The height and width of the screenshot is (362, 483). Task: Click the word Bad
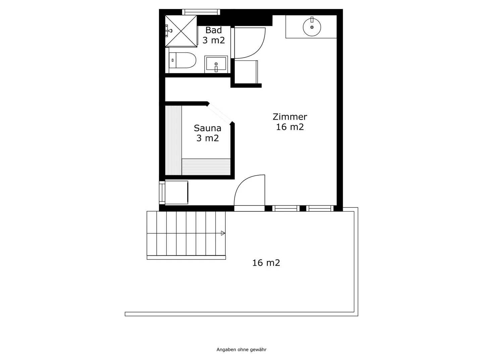(x=213, y=30)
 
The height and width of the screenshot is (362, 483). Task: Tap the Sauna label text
(x=207, y=128)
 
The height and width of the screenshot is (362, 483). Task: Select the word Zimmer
(x=290, y=117)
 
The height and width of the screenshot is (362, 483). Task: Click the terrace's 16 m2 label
(x=266, y=263)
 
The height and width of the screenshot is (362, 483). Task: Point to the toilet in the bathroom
(x=182, y=60)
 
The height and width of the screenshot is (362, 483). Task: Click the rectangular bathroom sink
(x=216, y=64)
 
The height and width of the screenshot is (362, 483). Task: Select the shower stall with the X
(x=181, y=31)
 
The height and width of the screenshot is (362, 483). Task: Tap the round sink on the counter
(x=312, y=27)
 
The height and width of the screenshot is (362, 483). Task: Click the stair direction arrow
(x=223, y=233)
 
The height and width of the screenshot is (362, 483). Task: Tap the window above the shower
(x=201, y=12)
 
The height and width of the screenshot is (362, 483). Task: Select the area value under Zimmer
(x=290, y=127)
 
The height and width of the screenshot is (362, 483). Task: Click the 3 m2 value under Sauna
(x=208, y=138)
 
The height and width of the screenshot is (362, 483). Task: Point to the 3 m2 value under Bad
(x=213, y=41)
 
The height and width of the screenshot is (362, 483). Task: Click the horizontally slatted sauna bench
(x=206, y=167)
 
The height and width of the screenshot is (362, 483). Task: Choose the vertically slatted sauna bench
(x=173, y=140)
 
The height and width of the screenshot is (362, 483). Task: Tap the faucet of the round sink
(x=312, y=19)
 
